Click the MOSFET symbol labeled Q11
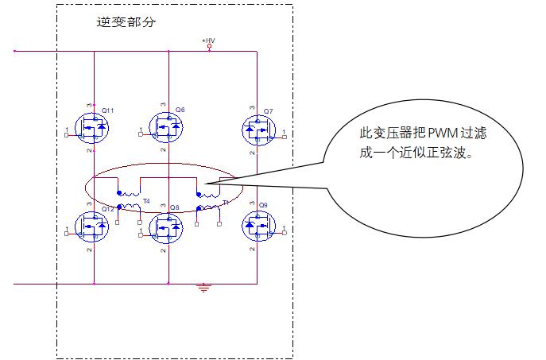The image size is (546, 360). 93,127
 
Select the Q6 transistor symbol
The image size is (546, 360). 168,127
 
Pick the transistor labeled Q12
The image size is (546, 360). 93,226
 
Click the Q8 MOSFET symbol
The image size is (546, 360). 168,226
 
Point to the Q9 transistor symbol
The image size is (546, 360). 257,226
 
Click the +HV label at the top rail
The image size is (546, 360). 209,40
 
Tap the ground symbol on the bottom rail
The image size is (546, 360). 204,288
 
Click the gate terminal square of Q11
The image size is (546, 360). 66,136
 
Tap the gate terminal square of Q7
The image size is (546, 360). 284,136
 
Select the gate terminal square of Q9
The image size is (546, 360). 284,234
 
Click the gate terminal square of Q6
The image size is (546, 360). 141,136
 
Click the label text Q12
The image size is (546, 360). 107,208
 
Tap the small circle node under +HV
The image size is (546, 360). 209,47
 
